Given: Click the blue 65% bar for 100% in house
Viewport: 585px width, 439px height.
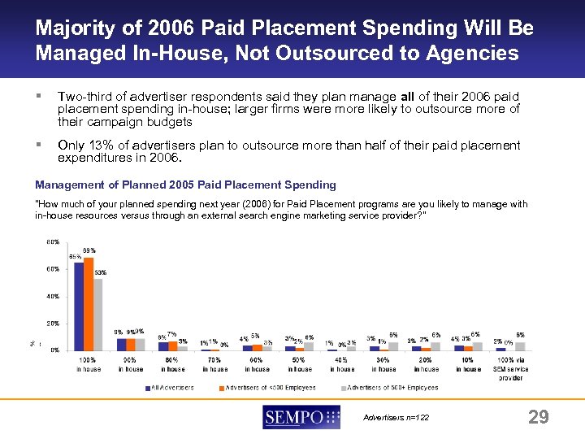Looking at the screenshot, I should pyautogui.click(x=79, y=306).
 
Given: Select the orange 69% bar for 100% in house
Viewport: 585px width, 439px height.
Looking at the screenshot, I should pyautogui.click(x=89, y=303).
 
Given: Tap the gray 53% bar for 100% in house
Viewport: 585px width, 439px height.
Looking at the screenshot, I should pyautogui.click(x=98, y=314).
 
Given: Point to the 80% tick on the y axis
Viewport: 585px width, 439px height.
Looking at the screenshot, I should pyautogui.click(x=52, y=241).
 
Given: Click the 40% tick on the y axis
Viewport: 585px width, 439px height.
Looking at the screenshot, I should pyautogui.click(x=52, y=296).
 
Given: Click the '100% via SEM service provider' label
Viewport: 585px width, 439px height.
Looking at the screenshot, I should pyautogui.click(x=510, y=369).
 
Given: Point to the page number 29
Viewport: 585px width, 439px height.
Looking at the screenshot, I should pyautogui.click(x=538, y=417).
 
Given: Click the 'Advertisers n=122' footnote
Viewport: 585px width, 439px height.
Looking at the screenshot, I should pyautogui.click(x=396, y=418).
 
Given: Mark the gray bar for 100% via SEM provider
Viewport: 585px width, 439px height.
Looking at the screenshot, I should pyautogui.click(x=520, y=346).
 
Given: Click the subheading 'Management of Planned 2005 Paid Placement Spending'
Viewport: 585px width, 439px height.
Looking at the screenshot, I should pyautogui.click(x=185, y=185).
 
